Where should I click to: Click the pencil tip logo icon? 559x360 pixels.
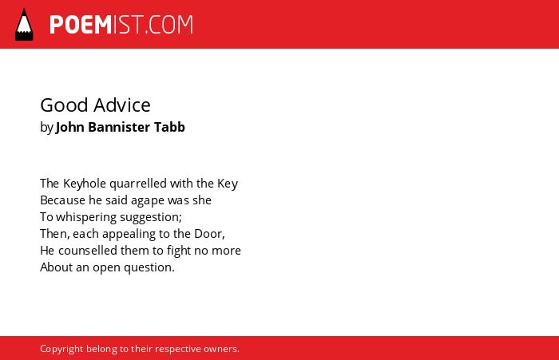click(24, 24)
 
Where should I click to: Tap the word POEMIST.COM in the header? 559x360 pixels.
click(121, 25)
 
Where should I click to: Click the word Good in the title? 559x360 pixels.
click(64, 105)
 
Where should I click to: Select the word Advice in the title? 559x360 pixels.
click(122, 105)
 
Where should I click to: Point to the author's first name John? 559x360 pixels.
click(70, 127)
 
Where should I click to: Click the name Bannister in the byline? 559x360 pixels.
click(119, 127)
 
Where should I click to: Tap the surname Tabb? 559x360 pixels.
click(169, 127)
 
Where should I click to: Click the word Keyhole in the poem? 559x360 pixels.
click(85, 184)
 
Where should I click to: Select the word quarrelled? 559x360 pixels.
click(138, 184)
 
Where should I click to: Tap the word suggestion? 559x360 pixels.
click(151, 217)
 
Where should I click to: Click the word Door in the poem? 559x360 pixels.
click(209, 234)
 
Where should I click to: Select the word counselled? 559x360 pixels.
click(88, 251)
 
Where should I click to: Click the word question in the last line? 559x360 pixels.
click(149, 267)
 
